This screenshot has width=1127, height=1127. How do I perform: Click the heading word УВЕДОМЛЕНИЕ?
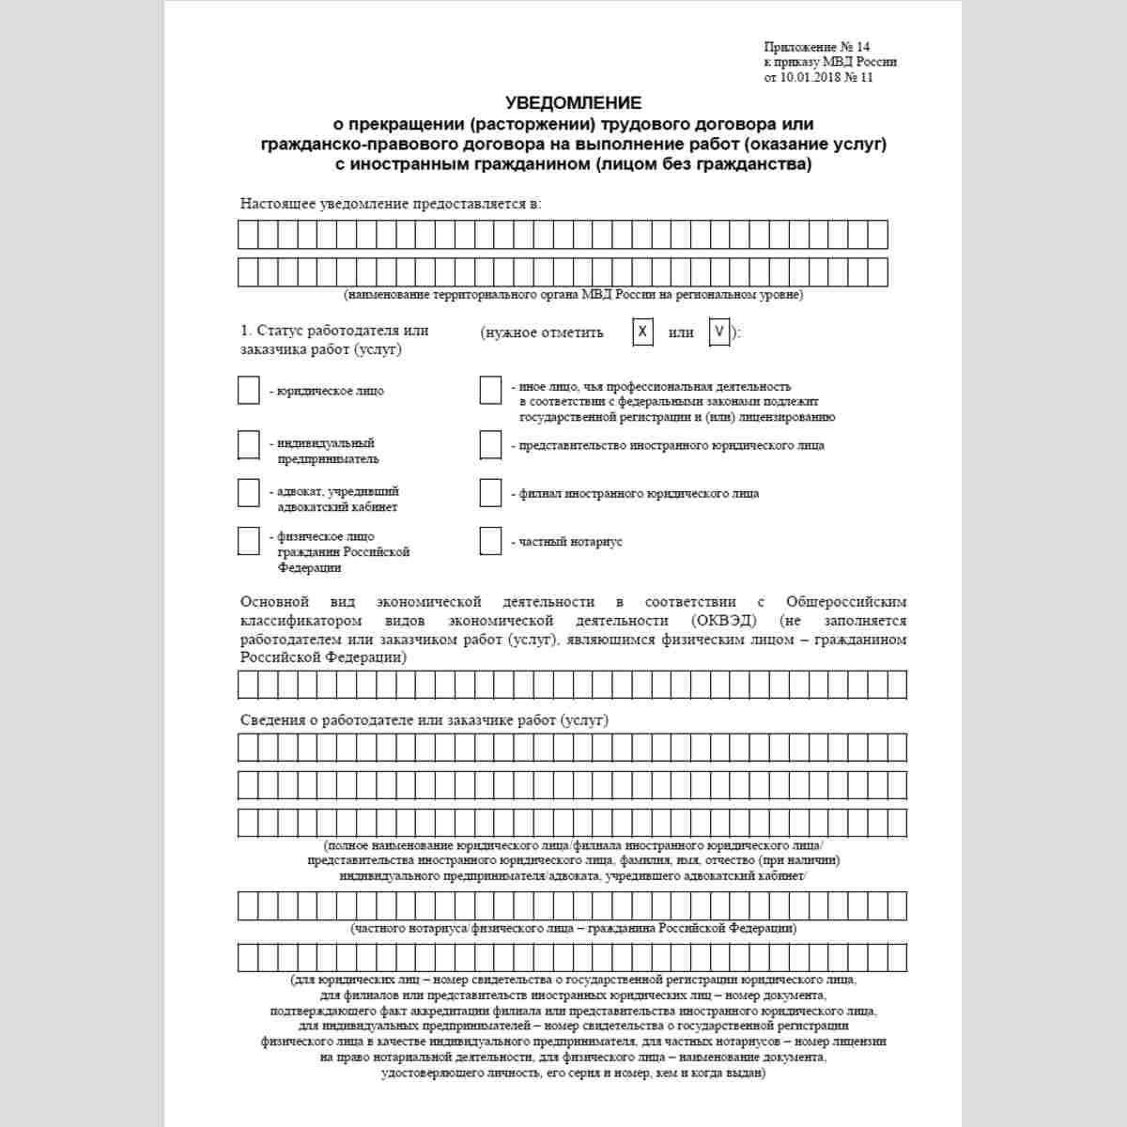[x=573, y=102]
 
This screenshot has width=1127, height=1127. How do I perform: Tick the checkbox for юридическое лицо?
[x=249, y=391]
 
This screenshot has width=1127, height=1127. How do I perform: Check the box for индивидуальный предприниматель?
[x=249, y=444]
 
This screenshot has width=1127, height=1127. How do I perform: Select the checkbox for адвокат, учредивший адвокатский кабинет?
[x=249, y=492]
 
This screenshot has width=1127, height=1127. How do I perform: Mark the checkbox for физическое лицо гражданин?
[x=249, y=541]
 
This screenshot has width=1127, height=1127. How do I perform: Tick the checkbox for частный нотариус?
[x=490, y=541]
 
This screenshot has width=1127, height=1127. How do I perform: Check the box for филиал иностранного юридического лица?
[x=490, y=493]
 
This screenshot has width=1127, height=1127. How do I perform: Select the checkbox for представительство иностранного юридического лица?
[x=490, y=445]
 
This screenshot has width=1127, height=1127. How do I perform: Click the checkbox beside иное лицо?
[x=490, y=391]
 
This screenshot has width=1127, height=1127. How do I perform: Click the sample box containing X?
[x=642, y=332]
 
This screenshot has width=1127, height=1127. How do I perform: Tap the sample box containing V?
[x=719, y=332]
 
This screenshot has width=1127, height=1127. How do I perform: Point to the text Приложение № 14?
[x=817, y=47]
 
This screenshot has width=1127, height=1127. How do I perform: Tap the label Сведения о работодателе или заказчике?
[x=425, y=720]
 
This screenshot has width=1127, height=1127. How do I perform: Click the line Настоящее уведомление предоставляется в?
[x=391, y=204]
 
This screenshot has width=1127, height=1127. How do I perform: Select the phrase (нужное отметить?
[x=542, y=332]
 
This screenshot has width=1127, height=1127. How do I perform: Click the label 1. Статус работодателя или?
[x=334, y=331]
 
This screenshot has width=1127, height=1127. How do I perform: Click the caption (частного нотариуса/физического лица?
[x=573, y=928]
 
